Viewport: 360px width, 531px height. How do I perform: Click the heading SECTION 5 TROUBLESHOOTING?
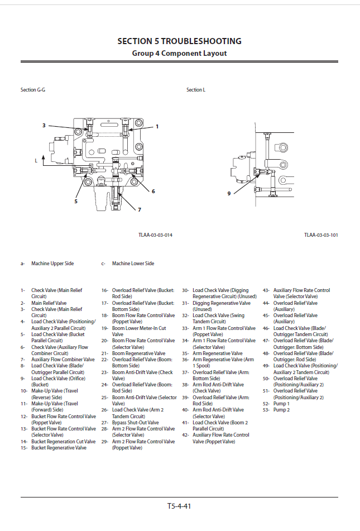pyautogui.click(x=179, y=41)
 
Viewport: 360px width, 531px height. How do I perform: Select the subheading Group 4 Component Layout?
pyautogui.click(x=179, y=54)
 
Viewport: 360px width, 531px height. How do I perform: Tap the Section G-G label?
pyautogui.click(x=33, y=90)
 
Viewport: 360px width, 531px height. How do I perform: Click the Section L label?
pyautogui.click(x=195, y=90)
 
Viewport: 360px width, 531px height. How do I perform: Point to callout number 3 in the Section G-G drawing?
pyautogui.click(x=44, y=126)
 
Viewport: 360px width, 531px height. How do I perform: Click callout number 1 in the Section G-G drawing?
pyautogui.click(x=157, y=127)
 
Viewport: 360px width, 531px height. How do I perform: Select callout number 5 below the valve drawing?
pyautogui.click(x=76, y=200)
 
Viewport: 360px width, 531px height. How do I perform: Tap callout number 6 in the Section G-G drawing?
pyautogui.click(x=153, y=191)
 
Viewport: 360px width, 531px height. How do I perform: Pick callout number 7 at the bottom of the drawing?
pyautogui.click(x=140, y=209)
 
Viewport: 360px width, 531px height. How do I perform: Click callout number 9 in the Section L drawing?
pyautogui.click(x=229, y=194)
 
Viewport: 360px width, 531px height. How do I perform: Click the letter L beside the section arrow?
pyautogui.click(x=36, y=160)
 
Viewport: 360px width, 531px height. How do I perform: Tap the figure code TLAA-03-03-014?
pyautogui.click(x=155, y=235)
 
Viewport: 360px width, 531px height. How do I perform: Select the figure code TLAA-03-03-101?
pyautogui.click(x=321, y=235)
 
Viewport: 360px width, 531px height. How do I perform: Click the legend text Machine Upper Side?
pyautogui.click(x=52, y=264)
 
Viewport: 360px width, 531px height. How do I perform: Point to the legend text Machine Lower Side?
pyautogui.click(x=133, y=264)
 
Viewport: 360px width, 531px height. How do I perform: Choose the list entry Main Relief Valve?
pyautogui.click(x=49, y=303)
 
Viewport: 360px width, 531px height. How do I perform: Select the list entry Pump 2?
pyautogui.click(x=281, y=410)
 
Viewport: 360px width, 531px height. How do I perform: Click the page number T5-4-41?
pyautogui.click(x=179, y=506)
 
